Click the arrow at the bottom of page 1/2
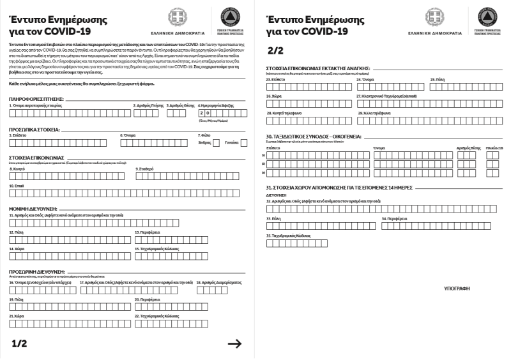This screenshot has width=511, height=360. pos(234,344)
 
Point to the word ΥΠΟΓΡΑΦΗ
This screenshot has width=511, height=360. pos(457,289)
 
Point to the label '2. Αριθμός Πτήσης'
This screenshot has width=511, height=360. pos(148,105)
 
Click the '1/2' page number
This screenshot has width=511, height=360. pos(20,344)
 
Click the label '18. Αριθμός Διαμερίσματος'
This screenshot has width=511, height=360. pos(218,281)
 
